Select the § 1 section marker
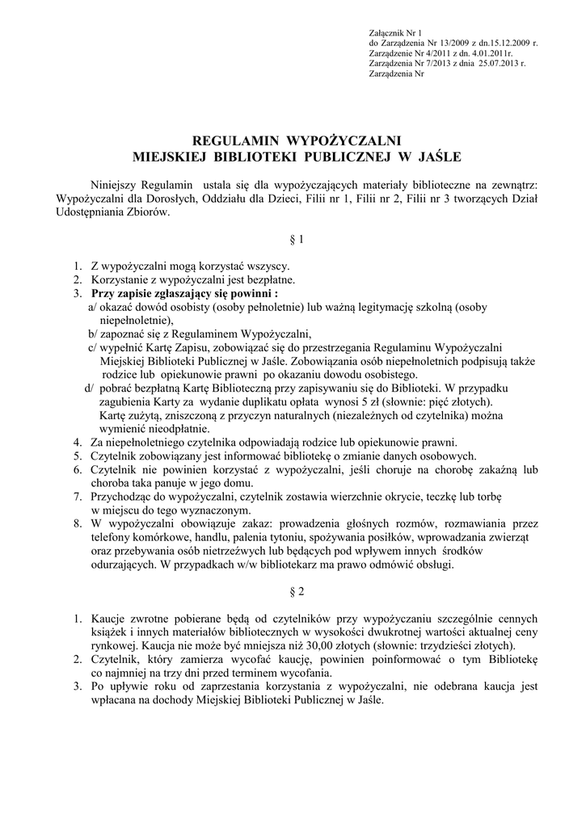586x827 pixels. [297, 240]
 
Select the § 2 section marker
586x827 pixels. [297, 592]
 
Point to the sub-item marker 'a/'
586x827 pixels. [93, 307]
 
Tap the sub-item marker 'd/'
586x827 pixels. [91, 388]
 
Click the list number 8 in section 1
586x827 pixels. [77, 523]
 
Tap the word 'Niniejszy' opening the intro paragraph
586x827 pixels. [114, 184]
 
